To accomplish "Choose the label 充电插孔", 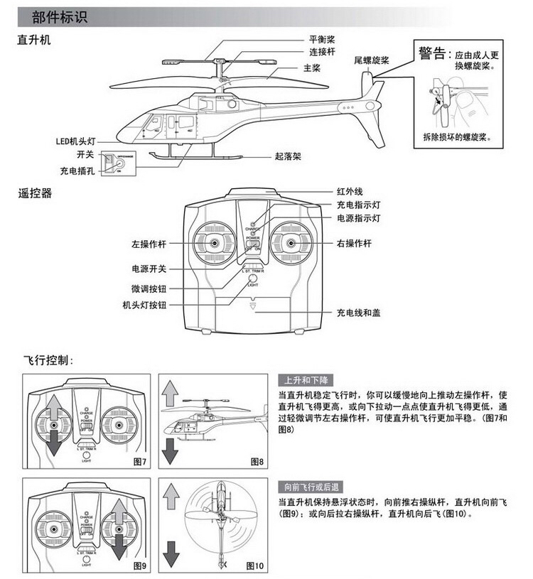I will (77, 171).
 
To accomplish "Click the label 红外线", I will (350, 192).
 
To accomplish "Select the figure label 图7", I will (139, 462).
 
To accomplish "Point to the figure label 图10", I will (254, 566).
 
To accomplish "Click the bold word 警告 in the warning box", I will (432, 53).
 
